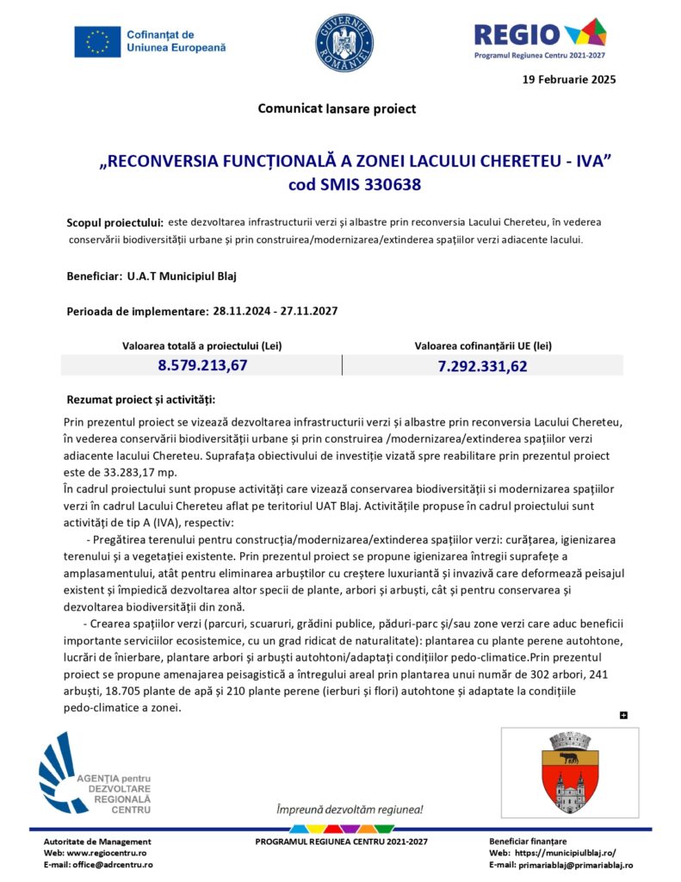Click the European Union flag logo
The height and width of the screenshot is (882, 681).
tap(97, 41)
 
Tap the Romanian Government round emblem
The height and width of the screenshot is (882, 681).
tap(344, 42)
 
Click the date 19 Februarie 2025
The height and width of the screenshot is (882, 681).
tap(569, 79)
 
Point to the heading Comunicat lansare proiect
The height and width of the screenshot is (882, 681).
tap(337, 109)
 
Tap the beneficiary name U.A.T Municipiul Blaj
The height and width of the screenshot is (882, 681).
tap(181, 276)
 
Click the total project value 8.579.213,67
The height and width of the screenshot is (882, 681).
tap(202, 365)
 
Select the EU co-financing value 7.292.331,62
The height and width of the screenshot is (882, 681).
tap(482, 365)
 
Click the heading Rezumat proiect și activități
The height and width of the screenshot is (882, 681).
tap(141, 400)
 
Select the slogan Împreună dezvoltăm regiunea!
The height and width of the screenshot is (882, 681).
tap(349, 810)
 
